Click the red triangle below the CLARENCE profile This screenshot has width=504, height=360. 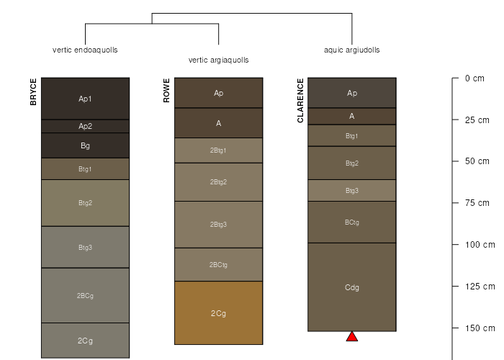352,336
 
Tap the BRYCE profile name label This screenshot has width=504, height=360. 33,92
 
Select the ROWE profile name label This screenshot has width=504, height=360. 166,91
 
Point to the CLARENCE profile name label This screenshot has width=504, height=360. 300,101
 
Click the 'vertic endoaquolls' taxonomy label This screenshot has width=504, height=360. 85,50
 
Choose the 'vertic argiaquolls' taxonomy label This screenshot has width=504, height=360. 218,60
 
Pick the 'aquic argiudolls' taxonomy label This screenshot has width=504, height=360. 351,50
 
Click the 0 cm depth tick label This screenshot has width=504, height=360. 474,78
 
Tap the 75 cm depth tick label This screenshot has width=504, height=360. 477,203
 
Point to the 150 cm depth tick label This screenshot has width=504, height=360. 480,328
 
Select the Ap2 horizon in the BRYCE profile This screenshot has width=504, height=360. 85,126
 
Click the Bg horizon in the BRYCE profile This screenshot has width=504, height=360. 85,145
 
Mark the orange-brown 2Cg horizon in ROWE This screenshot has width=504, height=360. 219,313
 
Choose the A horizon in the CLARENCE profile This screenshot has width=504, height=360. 352,117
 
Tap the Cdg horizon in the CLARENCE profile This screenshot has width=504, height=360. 352,287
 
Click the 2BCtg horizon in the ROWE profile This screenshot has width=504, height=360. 219,264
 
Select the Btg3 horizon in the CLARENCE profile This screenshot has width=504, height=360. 352,191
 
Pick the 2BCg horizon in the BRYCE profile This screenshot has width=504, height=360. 85,295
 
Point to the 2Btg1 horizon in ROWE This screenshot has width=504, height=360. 219,150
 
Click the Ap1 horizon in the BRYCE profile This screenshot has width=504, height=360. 85,99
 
